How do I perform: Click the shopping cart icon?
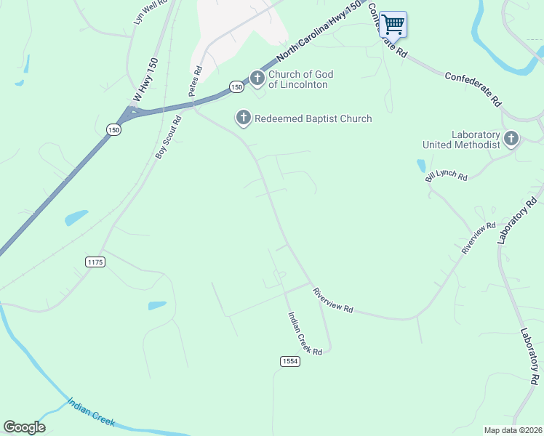pyautogui.click(x=393, y=24)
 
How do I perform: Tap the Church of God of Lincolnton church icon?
pyautogui.click(x=257, y=78)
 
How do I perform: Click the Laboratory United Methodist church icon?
pyautogui.click(x=512, y=138)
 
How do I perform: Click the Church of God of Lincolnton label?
pyautogui.click(x=298, y=79)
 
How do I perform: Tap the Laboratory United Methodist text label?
pyautogui.click(x=463, y=140)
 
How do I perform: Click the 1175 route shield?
pyautogui.click(x=95, y=261)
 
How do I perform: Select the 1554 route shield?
pyautogui.click(x=289, y=361)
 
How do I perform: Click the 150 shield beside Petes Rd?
pyautogui.click(x=236, y=86)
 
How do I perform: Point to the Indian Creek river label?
pyautogui.click(x=92, y=413)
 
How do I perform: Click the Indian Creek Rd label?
pyautogui.click(x=305, y=333)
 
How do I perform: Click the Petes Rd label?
pyautogui.click(x=195, y=80)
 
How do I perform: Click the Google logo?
pyautogui.click(x=24, y=427)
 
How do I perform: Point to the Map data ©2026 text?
pyautogui.click(x=513, y=430)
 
